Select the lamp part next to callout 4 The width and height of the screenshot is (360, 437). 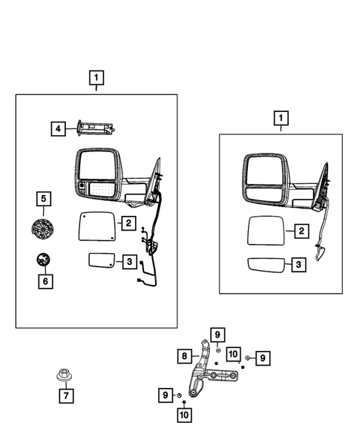pyautogui.click(x=94, y=128)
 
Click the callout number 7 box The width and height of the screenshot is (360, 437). pyautogui.click(x=65, y=395)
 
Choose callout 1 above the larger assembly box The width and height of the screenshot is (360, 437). pyautogui.click(x=96, y=76)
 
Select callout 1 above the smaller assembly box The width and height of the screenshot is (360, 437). pyautogui.click(x=281, y=117)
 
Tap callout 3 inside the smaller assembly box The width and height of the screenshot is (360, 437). pyautogui.click(x=300, y=264)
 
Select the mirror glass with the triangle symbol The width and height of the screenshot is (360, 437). pyautogui.click(x=96, y=226)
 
